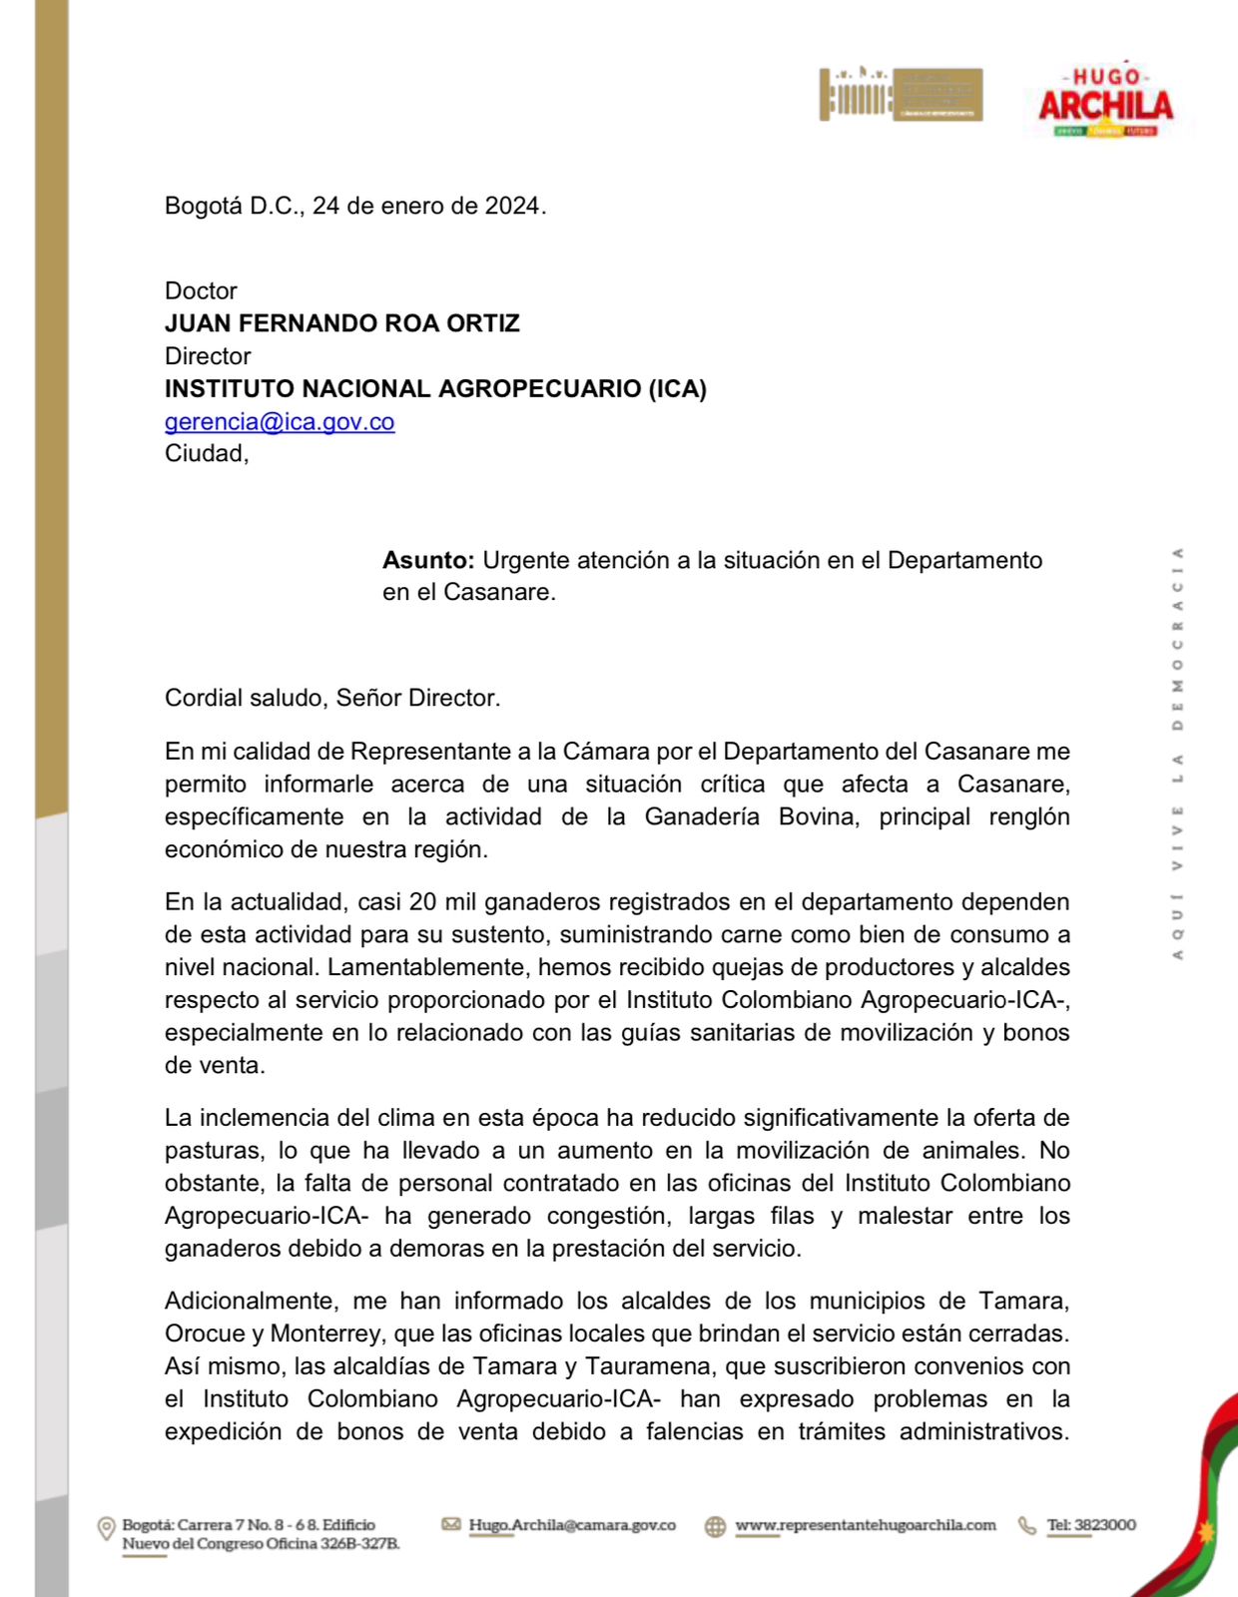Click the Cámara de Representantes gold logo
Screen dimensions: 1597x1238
point(901,95)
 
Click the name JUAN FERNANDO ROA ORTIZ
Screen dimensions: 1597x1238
point(342,323)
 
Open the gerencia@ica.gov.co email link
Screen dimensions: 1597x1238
point(280,421)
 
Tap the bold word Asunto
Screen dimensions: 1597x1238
point(427,560)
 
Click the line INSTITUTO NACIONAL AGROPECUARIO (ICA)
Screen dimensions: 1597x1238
point(435,388)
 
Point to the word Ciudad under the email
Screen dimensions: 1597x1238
point(204,454)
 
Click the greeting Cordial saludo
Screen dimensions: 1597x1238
point(247,698)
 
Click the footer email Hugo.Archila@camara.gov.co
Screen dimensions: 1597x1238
point(572,1525)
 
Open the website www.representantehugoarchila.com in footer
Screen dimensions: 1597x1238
point(866,1525)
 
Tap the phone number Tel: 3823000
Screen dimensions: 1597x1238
point(1091,1525)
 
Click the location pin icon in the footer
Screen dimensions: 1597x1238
point(106,1528)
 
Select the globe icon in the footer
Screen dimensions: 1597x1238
point(715,1527)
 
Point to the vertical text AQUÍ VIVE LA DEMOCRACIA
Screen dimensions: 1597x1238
point(1178,754)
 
